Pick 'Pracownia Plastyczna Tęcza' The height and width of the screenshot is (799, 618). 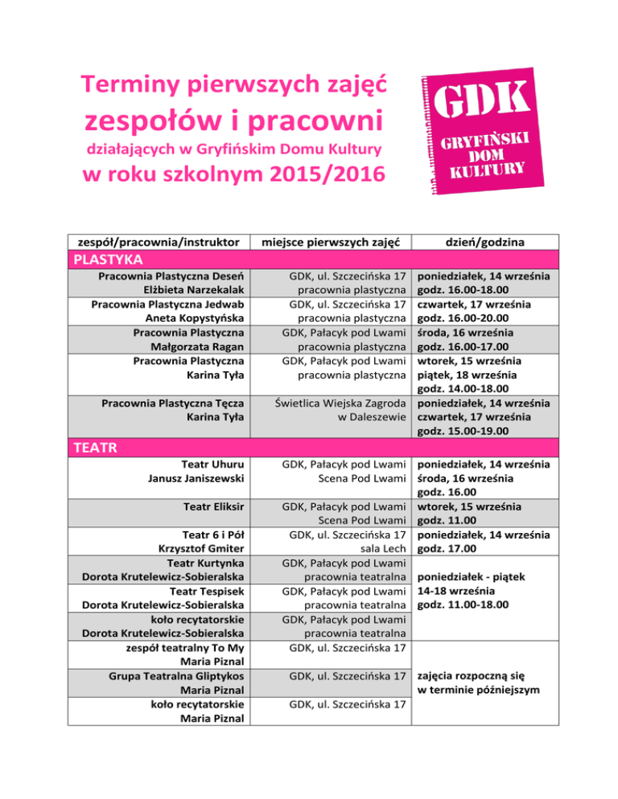coord(171,404)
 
